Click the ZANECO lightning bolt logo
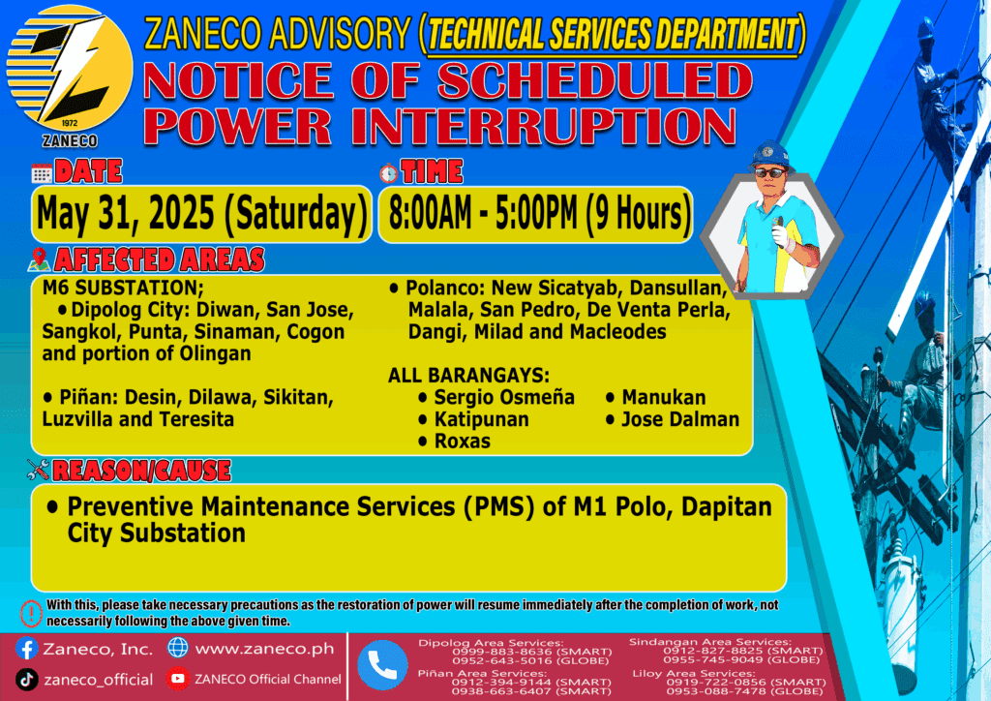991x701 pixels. coord(70,69)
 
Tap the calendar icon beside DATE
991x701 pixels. coord(42,172)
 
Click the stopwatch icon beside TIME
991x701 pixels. coord(388,172)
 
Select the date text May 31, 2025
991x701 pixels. coord(126,213)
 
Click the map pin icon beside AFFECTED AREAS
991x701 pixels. coord(39,259)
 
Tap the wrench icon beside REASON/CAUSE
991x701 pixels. coord(38,470)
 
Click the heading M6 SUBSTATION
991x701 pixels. coord(123,288)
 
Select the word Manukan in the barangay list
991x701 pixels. coord(664,398)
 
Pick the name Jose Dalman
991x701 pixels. coord(680,419)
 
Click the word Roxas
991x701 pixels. coord(462,442)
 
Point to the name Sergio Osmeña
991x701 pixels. coord(504,398)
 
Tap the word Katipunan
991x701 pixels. coord(482,419)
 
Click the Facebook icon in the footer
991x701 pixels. coord(26,649)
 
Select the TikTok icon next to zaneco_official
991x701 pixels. coord(26,680)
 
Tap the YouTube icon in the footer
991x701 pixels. coord(178,679)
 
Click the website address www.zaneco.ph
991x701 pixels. coord(264,649)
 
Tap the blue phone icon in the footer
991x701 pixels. coord(381,665)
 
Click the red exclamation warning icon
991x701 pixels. coord(30,613)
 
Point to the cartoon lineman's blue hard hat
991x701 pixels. coord(769,154)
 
